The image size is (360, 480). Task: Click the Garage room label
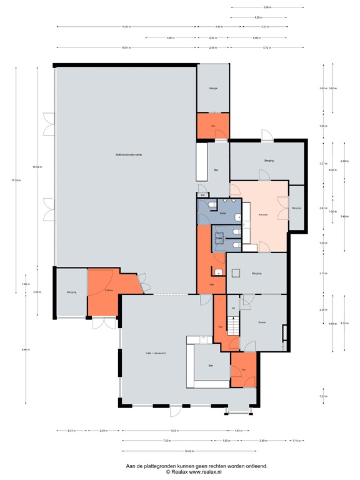point(212,88)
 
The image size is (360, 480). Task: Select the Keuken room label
point(263,214)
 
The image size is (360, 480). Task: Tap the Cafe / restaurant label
point(156,354)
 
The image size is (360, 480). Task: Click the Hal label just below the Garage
point(213,126)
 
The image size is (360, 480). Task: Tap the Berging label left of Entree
point(71,292)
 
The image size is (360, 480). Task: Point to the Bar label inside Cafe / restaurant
point(211,365)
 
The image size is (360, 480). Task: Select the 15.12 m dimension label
point(37,167)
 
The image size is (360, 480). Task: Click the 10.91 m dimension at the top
point(126,47)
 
